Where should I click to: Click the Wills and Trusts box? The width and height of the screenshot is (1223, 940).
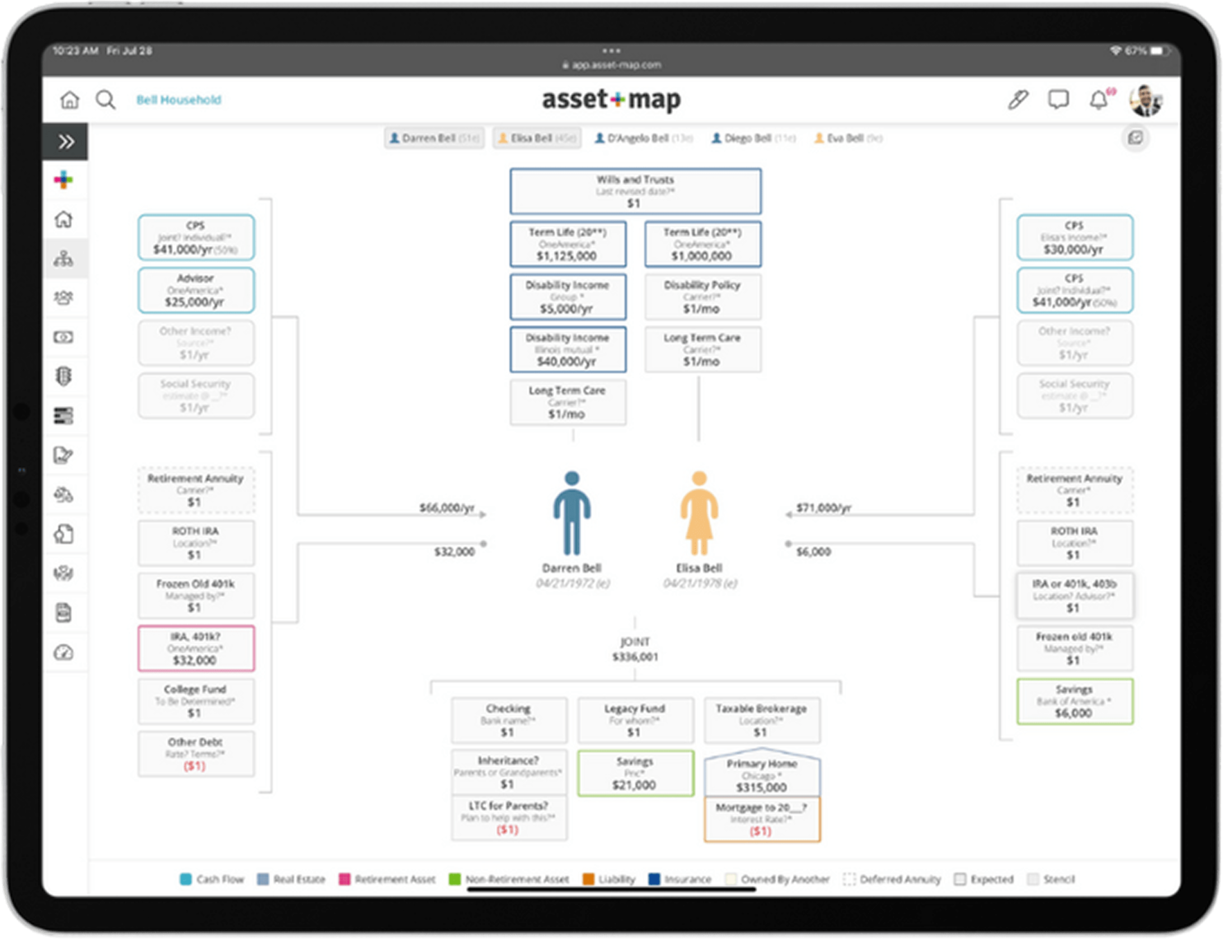[x=635, y=191]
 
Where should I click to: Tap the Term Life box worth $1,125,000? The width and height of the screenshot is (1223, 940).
[x=568, y=245]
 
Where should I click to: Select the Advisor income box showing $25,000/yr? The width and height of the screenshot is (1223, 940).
[x=196, y=291]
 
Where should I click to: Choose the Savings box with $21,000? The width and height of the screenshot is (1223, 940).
[x=635, y=773]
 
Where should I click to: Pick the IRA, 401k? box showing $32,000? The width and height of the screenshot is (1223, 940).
[x=196, y=648]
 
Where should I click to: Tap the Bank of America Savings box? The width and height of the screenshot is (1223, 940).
[x=1074, y=702]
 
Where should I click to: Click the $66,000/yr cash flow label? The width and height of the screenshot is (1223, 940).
[x=447, y=508]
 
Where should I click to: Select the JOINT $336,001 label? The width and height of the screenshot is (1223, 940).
[x=635, y=649]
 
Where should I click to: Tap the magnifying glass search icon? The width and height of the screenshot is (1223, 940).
[x=105, y=100]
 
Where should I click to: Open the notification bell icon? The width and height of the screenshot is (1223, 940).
[x=1098, y=100]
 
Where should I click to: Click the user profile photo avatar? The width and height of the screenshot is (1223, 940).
[x=1145, y=100]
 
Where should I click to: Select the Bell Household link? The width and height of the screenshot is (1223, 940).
[x=179, y=100]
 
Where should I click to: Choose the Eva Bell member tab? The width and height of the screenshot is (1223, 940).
[x=848, y=138]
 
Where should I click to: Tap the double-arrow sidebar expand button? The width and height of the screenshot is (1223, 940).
[x=65, y=142]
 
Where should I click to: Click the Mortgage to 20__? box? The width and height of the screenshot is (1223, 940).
[x=762, y=819]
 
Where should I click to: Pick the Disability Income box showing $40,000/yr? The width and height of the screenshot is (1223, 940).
[x=568, y=350]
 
